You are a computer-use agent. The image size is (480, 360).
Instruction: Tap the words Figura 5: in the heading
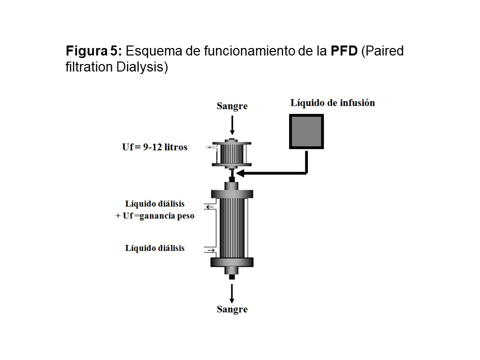point(93,51)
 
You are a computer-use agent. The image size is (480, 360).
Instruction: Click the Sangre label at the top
point(232,106)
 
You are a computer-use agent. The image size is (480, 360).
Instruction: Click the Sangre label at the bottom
point(232,309)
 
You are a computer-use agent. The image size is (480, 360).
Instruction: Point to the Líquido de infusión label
point(332,103)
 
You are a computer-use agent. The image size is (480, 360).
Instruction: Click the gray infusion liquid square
point(306,131)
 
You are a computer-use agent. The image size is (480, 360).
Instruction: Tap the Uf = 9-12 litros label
point(155,147)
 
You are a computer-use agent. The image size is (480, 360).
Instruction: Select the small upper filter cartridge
point(232,152)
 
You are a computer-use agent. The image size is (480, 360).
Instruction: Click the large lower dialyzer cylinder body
point(232,227)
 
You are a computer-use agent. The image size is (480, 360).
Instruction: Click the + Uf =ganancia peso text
point(154,216)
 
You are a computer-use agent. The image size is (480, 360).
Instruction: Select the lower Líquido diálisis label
point(155,248)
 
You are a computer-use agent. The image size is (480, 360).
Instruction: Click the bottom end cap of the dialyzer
point(232,263)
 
